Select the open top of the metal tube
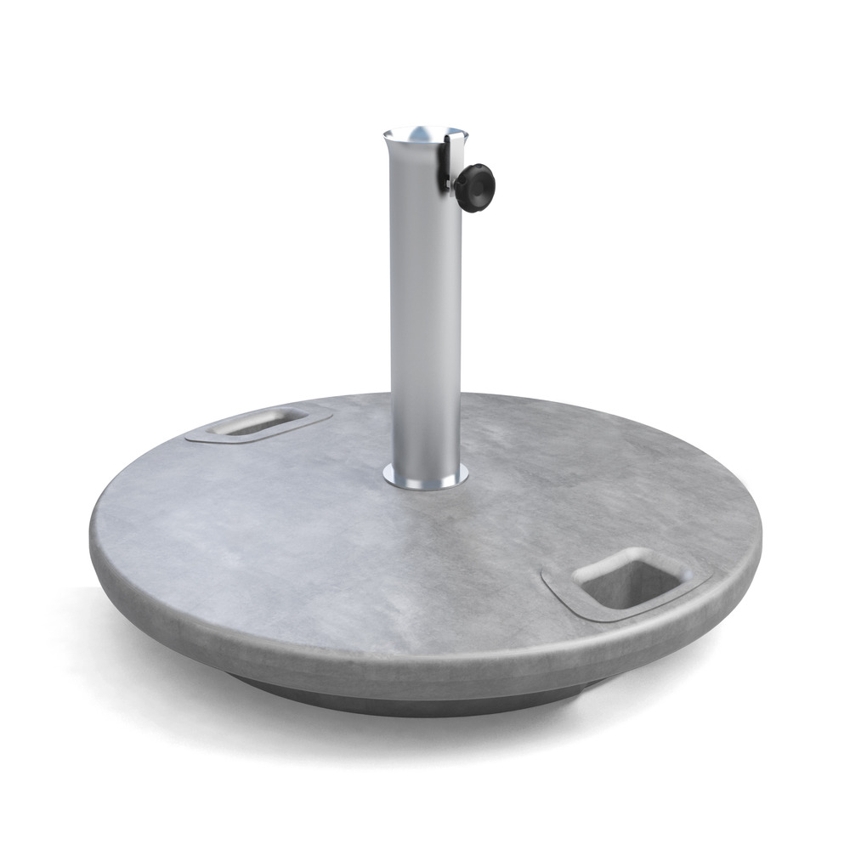[424, 136]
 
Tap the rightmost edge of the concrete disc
[761, 531]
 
